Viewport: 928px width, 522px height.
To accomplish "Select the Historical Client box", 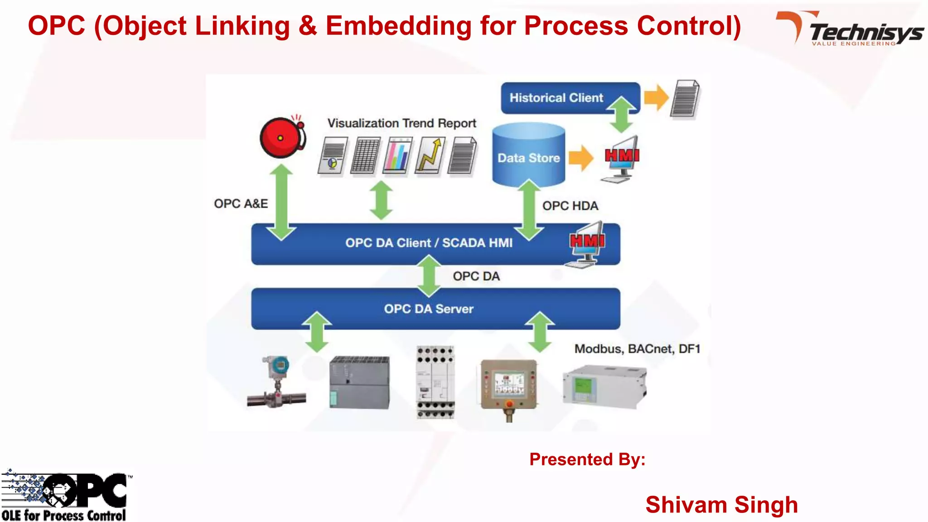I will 556,98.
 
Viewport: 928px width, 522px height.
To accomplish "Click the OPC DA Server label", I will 429,309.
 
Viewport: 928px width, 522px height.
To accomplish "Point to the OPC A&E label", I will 241,203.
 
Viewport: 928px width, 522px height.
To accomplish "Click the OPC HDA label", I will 570,206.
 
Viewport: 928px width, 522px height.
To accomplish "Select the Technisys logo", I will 851,29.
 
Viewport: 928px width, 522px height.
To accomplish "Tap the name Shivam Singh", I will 721,505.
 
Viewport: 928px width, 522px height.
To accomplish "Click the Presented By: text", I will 587,459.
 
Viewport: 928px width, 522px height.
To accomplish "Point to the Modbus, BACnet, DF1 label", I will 637,349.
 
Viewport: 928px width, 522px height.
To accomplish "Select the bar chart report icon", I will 398,155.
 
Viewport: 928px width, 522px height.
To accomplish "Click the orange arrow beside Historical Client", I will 656,97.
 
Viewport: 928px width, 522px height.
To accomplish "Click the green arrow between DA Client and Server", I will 429,276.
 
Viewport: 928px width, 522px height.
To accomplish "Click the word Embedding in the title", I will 399,26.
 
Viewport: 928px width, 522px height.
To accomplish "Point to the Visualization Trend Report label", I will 401,123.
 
